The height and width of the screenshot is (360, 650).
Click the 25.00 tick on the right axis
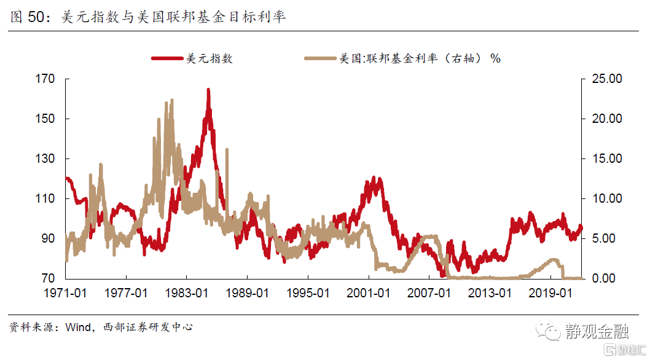point(605,79)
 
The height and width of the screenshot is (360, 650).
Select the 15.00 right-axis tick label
point(605,159)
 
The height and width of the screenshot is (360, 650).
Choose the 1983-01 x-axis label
point(187,294)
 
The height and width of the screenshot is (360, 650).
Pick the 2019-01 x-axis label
point(551,294)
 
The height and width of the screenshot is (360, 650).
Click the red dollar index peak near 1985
point(208,90)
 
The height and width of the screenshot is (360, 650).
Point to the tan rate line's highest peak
point(171,100)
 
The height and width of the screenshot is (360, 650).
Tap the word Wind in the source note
point(76,327)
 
